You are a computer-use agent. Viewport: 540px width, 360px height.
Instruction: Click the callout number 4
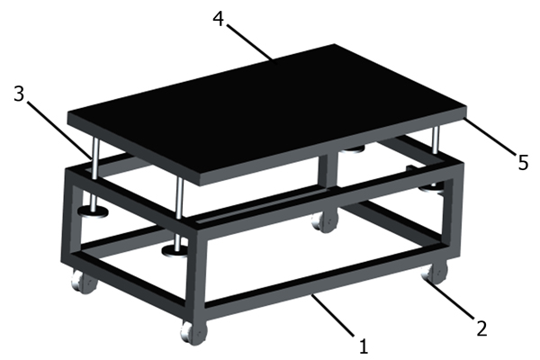(x=219, y=19)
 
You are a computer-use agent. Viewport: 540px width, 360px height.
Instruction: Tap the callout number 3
(x=19, y=94)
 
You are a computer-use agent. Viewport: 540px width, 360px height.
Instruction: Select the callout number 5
(x=523, y=162)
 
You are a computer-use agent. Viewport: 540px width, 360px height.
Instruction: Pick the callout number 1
(x=364, y=346)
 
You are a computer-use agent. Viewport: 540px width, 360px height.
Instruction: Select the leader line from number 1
(x=332, y=314)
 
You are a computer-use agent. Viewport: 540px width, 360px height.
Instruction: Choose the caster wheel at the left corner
(x=84, y=281)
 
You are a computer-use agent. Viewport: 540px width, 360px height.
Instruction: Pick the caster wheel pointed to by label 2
(x=435, y=272)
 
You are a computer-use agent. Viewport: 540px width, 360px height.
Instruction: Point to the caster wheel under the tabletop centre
(x=324, y=221)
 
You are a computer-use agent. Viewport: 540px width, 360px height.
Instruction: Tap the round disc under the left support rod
(x=93, y=211)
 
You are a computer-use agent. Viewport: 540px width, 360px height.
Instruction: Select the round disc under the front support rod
(x=175, y=251)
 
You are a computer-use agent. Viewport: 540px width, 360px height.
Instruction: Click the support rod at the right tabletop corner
(x=436, y=140)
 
